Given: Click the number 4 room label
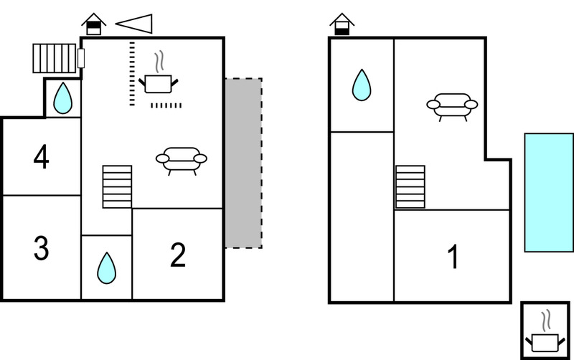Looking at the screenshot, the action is tap(42, 156).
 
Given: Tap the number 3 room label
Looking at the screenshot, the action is tap(42, 248).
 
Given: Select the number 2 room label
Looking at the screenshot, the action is tap(178, 255).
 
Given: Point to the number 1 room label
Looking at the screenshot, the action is tap(453, 257).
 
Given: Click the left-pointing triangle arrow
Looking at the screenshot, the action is tap(134, 24).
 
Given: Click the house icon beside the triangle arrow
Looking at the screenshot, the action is tap(94, 24).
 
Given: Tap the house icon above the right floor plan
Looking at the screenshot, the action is tap(342, 24).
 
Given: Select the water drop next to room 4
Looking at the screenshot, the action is tap(63, 98).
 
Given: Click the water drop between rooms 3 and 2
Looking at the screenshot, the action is tap(106, 268).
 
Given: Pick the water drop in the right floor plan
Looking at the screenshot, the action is tap(362, 85).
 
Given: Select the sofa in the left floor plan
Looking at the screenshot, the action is tap(182, 161).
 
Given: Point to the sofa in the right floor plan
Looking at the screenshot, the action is tap(452, 107).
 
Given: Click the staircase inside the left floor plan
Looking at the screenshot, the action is tap(117, 186).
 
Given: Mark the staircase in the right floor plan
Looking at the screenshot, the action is tap(410, 187).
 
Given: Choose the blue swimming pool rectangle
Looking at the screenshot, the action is tap(549, 192).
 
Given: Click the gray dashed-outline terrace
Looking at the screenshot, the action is tap(243, 164).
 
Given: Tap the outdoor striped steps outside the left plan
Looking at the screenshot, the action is tap(55, 59).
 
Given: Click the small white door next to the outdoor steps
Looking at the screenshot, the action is tap(81, 58).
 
